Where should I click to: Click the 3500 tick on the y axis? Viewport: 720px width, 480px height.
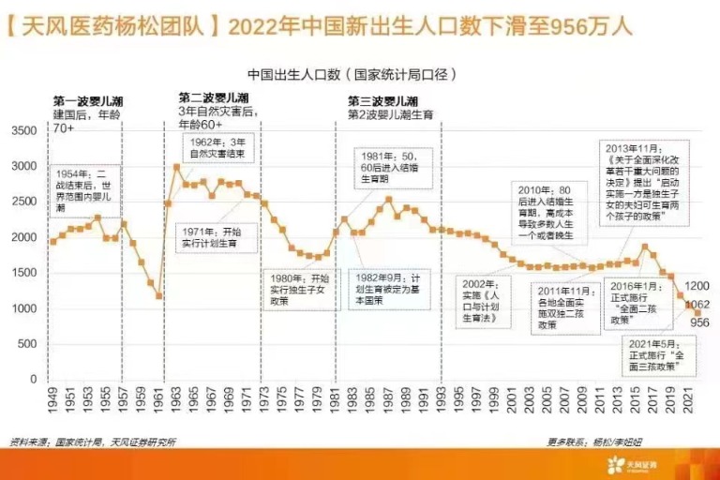(22, 130)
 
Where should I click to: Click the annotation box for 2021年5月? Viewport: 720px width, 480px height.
(661, 352)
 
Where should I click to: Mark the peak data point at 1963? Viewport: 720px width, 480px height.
(176, 167)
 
